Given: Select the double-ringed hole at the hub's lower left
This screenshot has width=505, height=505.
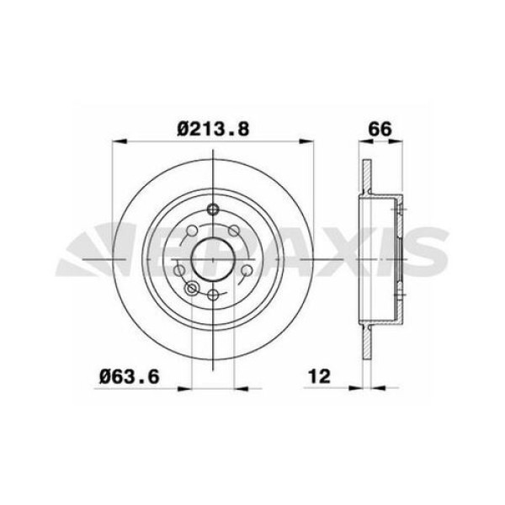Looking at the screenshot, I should click(192, 288).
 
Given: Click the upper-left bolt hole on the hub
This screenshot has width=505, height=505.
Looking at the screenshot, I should click(191, 231).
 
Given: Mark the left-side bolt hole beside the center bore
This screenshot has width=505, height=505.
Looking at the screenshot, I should click(178, 269).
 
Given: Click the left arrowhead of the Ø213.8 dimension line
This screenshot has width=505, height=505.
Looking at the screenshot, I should click(117, 141).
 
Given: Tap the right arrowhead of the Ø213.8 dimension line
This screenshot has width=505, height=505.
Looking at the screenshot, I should click(312, 141).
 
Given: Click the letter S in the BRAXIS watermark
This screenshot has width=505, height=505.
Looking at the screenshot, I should click(425, 252).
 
